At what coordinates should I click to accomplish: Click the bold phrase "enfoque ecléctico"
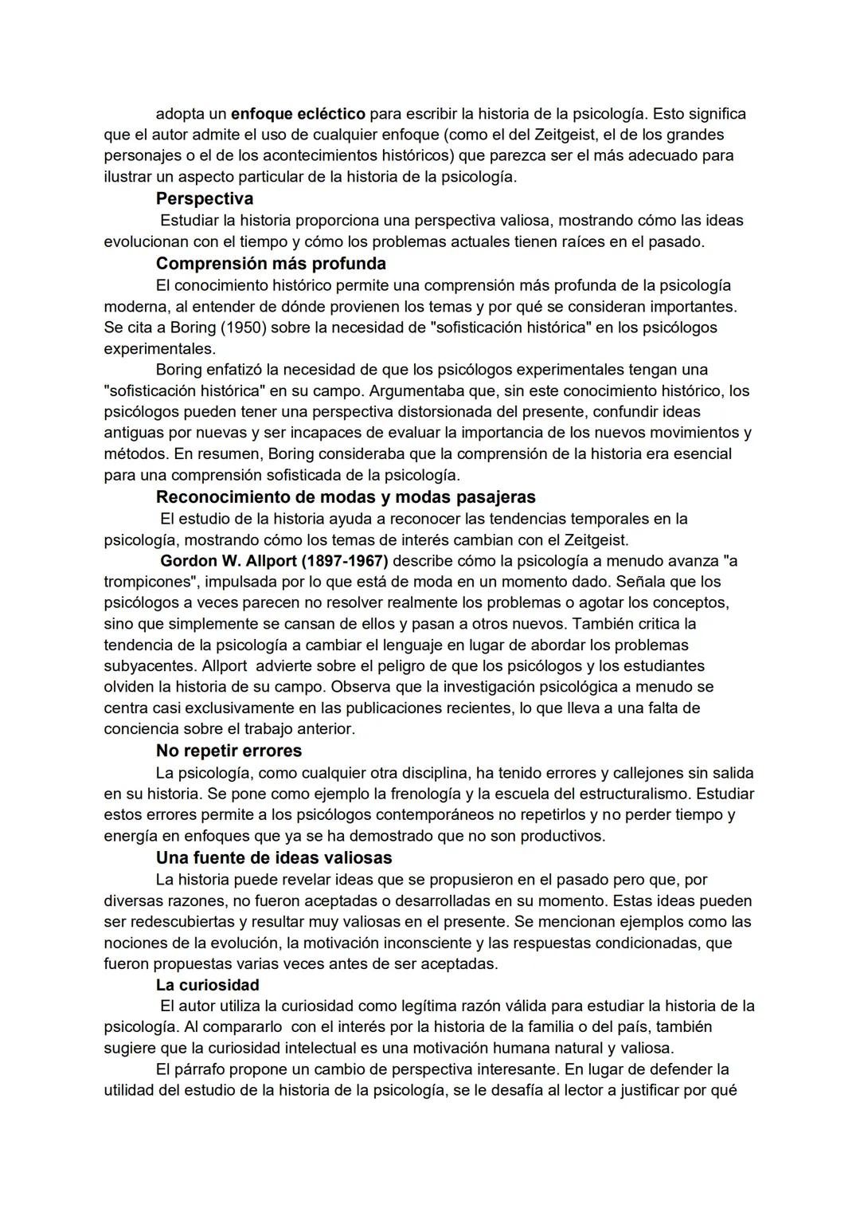(x=298, y=114)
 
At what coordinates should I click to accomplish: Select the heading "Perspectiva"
(x=204, y=198)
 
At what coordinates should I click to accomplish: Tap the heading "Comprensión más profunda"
(x=271, y=263)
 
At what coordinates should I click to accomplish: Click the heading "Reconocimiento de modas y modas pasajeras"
(x=346, y=497)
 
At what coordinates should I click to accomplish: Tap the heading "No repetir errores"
(x=229, y=751)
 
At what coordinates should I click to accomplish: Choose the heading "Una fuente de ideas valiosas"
(x=274, y=857)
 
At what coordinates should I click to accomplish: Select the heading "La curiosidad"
(x=207, y=985)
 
